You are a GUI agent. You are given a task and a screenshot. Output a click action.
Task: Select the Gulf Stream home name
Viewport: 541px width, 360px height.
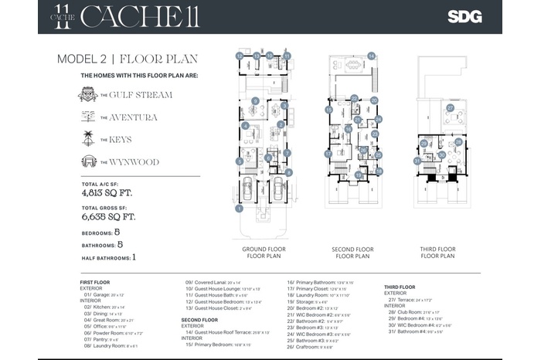[141, 95]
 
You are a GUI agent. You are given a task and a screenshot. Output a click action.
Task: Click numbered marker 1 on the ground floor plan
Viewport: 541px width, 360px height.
[240, 209]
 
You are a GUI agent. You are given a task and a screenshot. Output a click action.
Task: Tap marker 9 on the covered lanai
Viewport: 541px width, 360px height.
[254, 101]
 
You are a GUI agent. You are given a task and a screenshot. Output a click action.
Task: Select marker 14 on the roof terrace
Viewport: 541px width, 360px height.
[371, 56]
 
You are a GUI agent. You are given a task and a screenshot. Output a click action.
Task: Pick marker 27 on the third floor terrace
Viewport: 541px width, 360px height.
[450, 109]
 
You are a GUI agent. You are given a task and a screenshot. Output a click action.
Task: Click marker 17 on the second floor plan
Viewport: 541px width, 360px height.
[328, 154]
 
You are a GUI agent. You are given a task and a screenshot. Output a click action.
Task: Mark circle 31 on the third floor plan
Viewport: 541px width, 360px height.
[417, 161]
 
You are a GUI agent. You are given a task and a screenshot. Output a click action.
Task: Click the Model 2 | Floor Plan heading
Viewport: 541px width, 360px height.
[128, 59]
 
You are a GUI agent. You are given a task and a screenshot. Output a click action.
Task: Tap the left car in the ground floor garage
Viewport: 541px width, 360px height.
[248, 190]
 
